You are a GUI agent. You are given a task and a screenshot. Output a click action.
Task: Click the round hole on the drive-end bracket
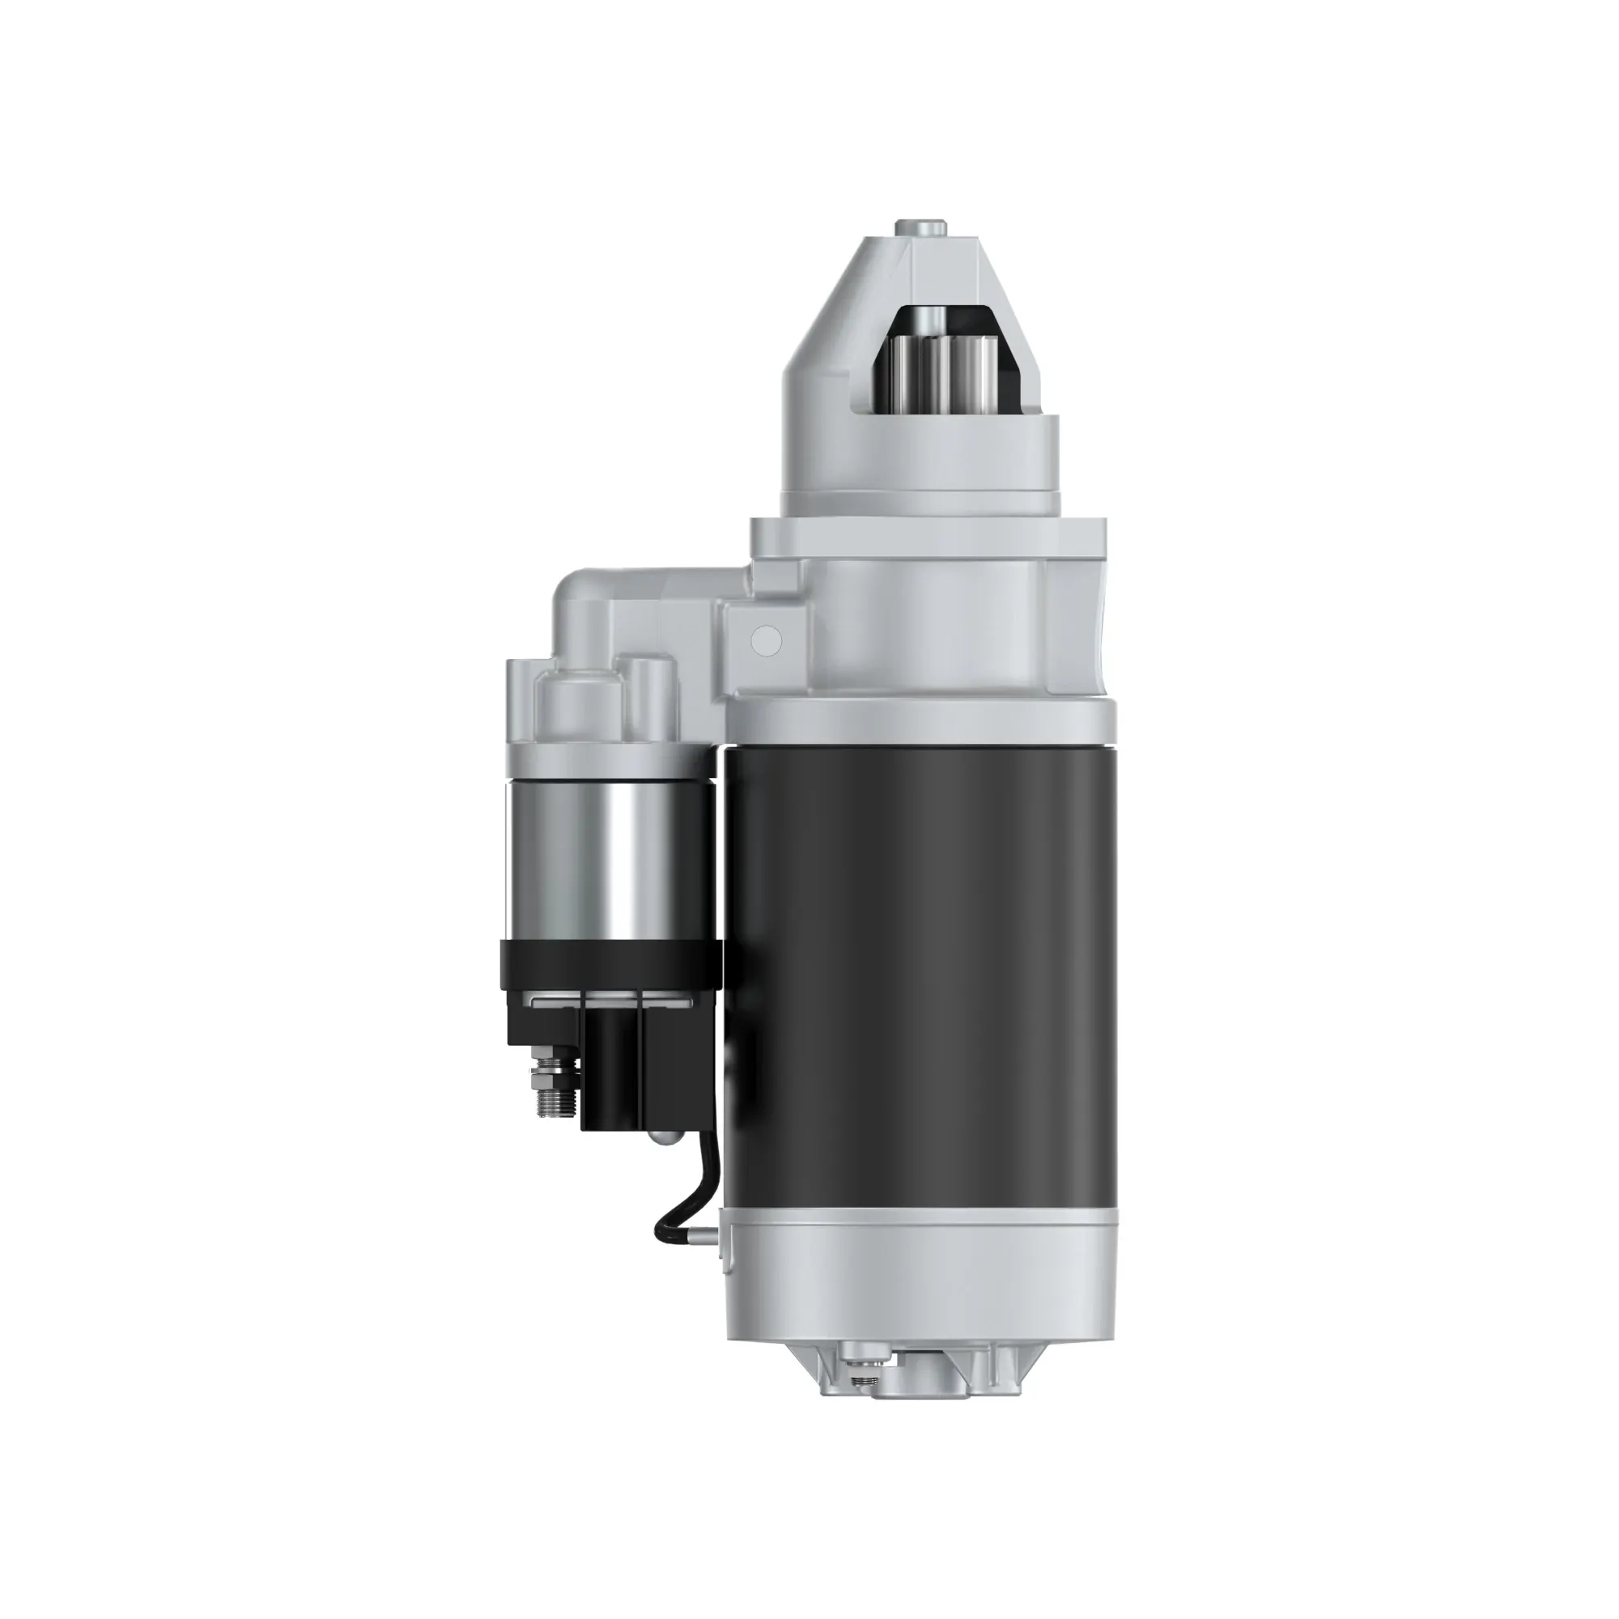767,640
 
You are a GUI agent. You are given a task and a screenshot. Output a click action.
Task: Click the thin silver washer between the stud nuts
553,1071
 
